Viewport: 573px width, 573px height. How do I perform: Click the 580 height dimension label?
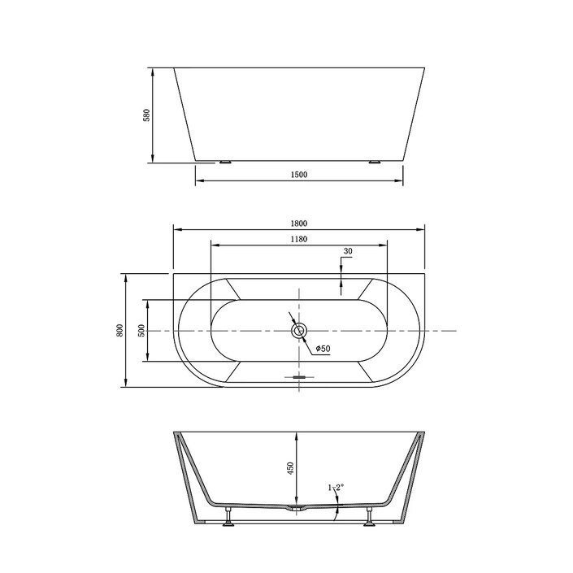point(146,115)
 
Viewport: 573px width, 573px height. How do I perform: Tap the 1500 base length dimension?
point(299,175)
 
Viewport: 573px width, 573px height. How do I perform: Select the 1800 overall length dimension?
point(299,224)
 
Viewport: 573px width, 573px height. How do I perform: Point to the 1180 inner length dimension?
point(299,239)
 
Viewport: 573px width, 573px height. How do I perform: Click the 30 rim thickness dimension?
point(348,251)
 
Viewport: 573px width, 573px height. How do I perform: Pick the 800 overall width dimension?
point(120,330)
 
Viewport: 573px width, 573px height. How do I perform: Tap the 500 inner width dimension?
point(141,331)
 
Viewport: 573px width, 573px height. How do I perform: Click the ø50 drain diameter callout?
point(323,349)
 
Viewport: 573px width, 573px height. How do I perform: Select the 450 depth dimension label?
point(290,468)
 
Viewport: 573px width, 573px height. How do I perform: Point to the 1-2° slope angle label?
point(336,487)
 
